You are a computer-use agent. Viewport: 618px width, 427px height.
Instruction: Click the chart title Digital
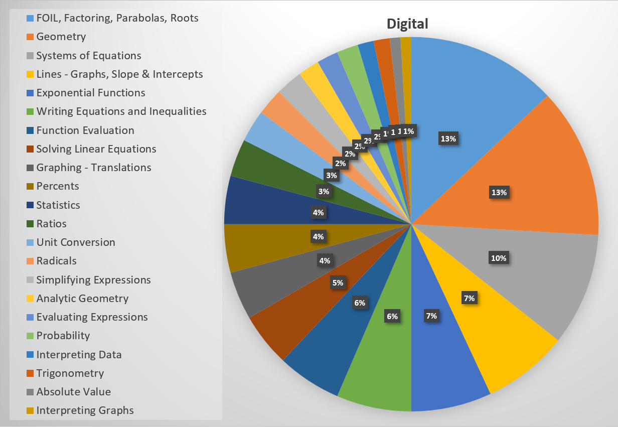(407, 24)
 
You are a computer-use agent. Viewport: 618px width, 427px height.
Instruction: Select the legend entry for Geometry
(61, 37)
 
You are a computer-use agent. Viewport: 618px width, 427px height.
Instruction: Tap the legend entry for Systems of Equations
(88, 55)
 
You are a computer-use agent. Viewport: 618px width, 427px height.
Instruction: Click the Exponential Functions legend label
(90, 93)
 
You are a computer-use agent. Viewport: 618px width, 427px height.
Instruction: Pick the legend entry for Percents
(58, 186)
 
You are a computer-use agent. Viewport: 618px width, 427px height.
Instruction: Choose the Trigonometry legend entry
(70, 373)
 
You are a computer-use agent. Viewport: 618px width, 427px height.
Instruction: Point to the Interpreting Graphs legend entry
(85, 410)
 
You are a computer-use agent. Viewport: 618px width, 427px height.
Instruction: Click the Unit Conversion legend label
(75, 242)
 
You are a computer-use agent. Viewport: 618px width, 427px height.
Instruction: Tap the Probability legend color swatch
(30, 336)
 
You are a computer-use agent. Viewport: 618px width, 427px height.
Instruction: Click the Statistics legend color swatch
(30, 205)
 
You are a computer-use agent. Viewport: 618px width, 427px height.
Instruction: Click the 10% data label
(499, 258)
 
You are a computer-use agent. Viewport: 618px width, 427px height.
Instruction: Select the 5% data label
(338, 283)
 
